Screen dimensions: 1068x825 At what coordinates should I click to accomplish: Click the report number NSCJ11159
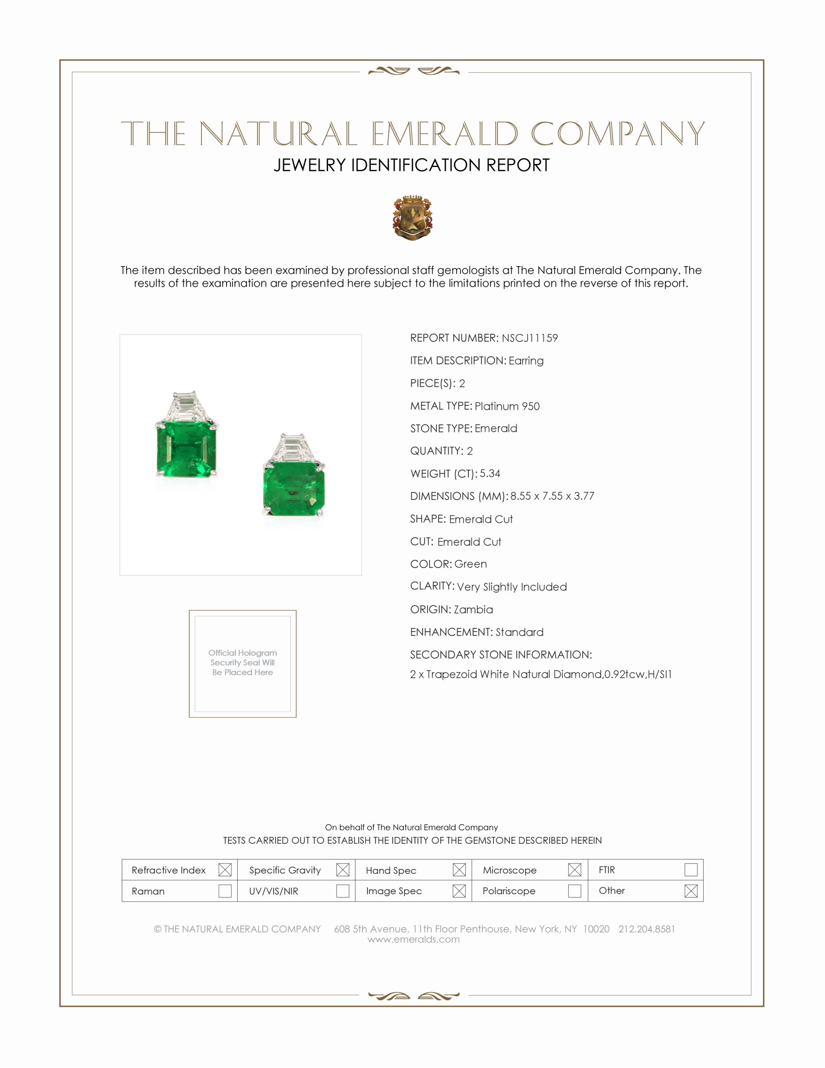[x=529, y=338]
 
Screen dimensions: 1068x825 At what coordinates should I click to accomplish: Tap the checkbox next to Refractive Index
[x=225, y=869]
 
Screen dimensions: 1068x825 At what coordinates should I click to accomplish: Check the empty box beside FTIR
[x=691, y=869]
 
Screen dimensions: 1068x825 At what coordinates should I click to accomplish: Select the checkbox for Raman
[x=225, y=890]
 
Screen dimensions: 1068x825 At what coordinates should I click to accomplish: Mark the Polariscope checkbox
[x=575, y=890]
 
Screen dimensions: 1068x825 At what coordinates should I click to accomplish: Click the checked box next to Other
[x=691, y=890]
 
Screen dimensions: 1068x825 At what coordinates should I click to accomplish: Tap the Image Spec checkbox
[x=459, y=890]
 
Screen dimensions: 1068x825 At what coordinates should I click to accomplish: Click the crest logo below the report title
[x=412, y=217]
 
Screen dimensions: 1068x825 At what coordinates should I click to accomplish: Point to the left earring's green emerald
[x=186, y=449]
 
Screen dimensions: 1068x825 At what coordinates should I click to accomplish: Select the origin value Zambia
[x=473, y=609]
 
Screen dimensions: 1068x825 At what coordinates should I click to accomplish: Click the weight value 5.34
[x=490, y=473]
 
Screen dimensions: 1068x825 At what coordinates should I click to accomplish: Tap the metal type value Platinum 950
[x=507, y=406]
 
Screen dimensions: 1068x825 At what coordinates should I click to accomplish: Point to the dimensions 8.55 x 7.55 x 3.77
[x=552, y=496]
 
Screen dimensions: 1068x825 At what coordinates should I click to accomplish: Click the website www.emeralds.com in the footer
[x=413, y=939]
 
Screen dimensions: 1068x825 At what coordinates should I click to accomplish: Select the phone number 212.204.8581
[x=646, y=929]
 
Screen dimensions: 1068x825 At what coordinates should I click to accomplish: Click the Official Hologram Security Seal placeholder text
[x=243, y=662]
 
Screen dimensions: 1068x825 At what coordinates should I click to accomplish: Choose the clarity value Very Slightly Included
[x=511, y=586]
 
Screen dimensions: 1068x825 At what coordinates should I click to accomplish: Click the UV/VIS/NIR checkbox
[x=343, y=890]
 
